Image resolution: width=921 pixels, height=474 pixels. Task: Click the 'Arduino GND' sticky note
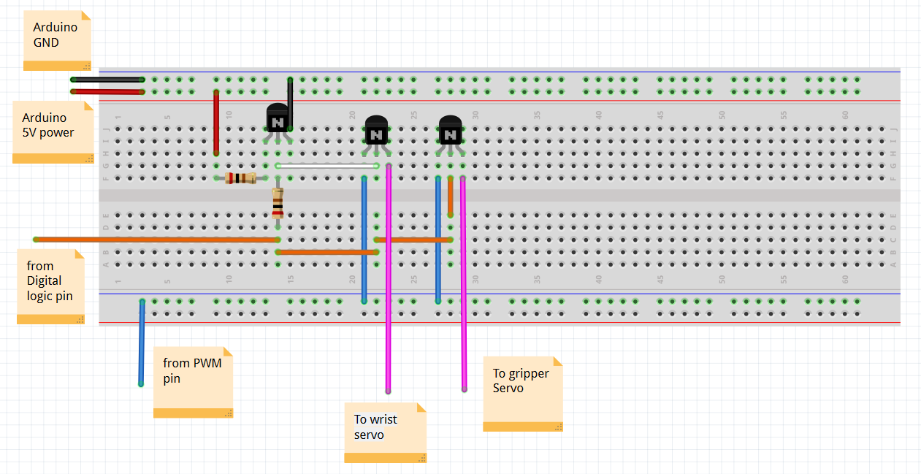[56, 39]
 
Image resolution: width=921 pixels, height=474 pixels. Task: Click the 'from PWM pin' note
[192, 381]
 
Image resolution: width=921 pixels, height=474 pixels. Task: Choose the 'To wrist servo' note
[384, 432]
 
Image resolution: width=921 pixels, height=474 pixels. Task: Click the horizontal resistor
[240, 178]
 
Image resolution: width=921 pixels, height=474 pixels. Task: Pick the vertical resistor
[278, 202]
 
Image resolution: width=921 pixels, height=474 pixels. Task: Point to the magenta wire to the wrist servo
[389, 292]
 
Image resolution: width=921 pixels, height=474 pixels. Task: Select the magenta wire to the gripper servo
[463, 292]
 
